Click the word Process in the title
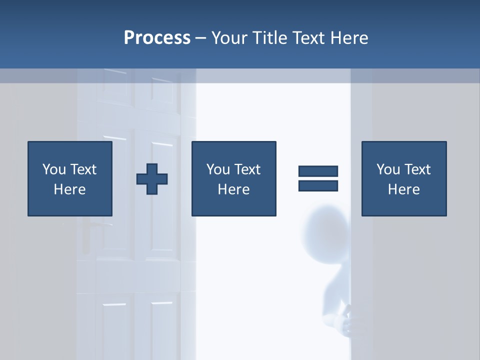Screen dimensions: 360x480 tap(157, 38)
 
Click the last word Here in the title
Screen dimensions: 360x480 tap(349, 38)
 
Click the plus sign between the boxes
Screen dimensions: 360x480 tap(152, 178)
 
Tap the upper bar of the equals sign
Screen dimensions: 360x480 tap(318, 171)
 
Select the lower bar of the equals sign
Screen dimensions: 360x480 tap(318, 185)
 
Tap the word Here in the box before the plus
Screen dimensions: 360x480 tap(69, 189)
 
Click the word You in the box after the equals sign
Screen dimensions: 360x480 tap(388, 169)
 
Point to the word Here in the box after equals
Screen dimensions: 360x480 tap(403, 189)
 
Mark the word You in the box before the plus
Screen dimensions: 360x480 tap(54, 169)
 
